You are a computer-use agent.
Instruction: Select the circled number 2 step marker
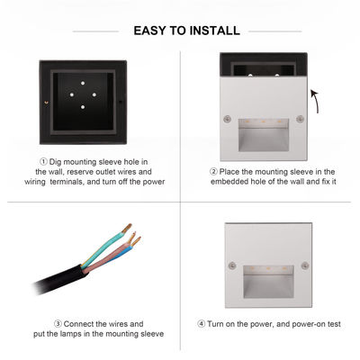click(x=214, y=170)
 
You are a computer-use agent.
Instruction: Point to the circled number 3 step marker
click(x=58, y=323)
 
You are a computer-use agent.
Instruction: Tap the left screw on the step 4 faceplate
click(x=232, y=265)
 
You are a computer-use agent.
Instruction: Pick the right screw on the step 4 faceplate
click(x=302, y=265)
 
